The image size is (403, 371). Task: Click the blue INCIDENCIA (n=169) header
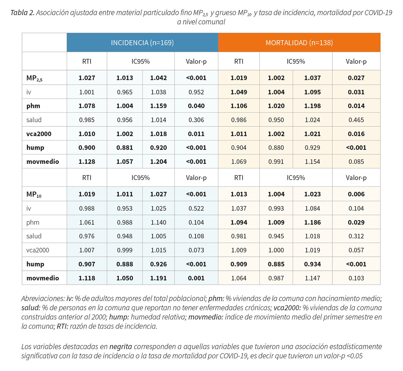142,43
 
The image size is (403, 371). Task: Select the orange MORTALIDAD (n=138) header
299,43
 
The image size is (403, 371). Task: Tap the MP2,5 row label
34,78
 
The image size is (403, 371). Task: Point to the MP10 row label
34,194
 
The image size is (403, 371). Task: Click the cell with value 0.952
196,92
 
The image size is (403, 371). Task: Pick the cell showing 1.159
158,106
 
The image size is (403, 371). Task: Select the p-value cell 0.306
196,120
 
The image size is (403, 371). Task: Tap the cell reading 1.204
158,161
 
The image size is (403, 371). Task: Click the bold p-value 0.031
356,92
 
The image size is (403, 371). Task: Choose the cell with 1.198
312,106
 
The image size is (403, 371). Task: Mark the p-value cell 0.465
356,120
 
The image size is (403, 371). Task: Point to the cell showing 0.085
356,161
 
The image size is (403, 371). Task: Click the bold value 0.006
356,194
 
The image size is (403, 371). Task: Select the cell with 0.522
196,208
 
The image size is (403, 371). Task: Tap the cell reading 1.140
158,222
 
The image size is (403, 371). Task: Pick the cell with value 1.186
312,222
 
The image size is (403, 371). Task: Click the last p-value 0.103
356,278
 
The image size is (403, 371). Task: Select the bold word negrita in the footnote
121,346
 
